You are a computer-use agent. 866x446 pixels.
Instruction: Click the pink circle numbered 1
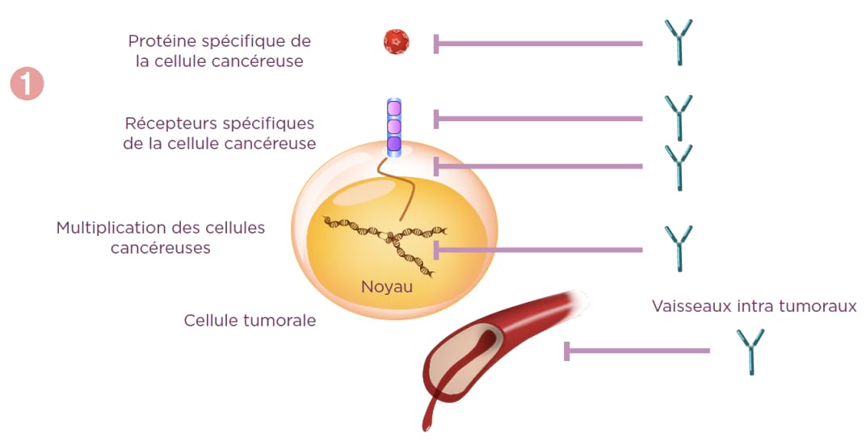[x=27, y=84]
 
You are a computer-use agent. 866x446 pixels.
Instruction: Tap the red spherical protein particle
[x=397, y=41]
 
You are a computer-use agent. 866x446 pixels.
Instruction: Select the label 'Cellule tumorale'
[x=250, y=321]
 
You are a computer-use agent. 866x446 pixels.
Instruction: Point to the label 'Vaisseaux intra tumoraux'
[x=754, y=306]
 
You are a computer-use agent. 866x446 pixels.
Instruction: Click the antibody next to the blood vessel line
[x=750, y=351]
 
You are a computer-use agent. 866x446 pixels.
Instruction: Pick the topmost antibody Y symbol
[x=678, y=43]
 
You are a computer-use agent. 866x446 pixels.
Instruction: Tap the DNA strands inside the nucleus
[x=380, y=238]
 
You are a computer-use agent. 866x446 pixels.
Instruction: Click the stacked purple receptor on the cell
[x=393, y=126]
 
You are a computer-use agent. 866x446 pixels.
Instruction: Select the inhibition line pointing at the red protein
[x=538, y=43]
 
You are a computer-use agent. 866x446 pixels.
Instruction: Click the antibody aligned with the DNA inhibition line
[x=678, y=248]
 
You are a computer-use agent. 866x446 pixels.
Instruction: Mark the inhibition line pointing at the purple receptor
[x=538, y=119]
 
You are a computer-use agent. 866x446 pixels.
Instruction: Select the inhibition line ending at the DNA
[x=538, y=249]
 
